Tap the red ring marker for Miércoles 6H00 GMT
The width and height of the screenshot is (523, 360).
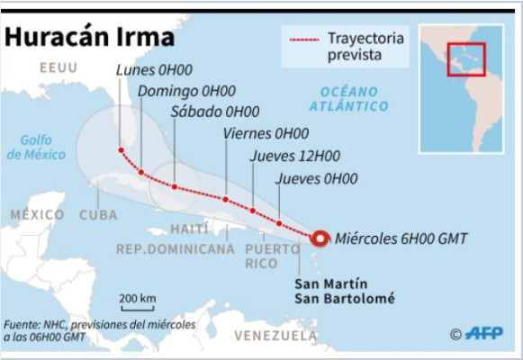320,238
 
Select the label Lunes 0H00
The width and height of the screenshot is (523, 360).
152,70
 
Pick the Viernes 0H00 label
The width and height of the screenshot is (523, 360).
266,133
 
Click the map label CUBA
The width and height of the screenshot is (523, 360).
99,215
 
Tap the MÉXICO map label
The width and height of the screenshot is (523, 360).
38,215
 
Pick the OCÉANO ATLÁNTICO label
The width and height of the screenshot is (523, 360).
347,98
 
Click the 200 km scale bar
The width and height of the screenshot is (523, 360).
138,307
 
